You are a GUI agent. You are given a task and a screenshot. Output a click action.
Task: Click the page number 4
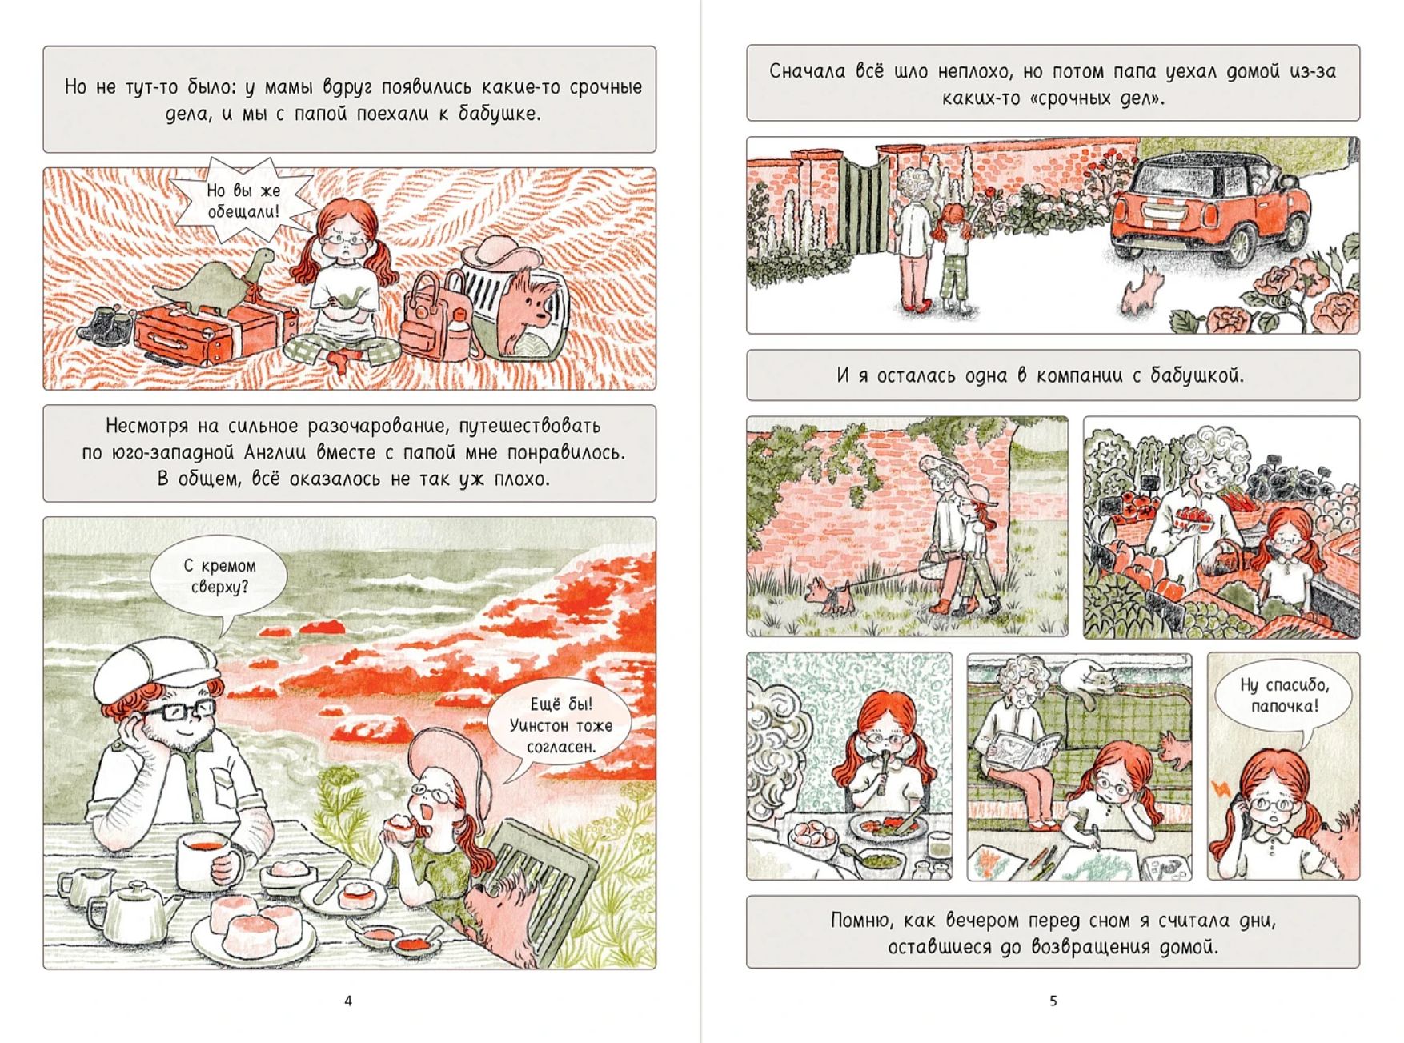click(347, 1001)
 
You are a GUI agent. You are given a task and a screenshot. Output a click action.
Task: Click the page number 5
click(1053, 1001)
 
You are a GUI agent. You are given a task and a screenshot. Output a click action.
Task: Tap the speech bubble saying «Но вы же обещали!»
click(243, 201)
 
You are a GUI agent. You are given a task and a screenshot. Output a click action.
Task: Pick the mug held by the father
click(207, 860)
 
